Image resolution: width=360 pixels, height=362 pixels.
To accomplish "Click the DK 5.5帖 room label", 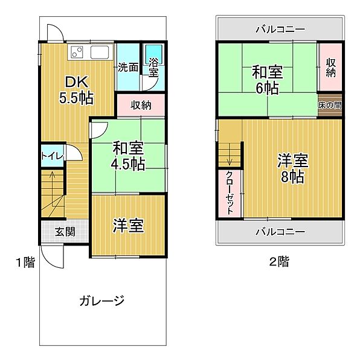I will tap(77, 89).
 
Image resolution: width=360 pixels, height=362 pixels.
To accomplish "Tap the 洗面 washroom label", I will tap(127, 67).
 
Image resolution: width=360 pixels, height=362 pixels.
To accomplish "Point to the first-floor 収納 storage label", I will tap(141, 104).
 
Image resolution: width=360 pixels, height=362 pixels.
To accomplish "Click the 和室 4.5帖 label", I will tap(127, 155).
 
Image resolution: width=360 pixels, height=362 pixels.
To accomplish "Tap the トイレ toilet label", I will tap(52, 156).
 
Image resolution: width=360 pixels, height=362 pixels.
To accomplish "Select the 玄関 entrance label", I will tap(65, 230).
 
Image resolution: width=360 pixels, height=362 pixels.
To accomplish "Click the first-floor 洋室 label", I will tap(128, 226).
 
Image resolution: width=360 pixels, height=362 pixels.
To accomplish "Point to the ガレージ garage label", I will tap(101, 300).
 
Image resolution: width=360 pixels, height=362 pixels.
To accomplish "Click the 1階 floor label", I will tap(25, 262).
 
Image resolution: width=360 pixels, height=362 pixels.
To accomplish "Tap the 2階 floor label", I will tap(279, 262).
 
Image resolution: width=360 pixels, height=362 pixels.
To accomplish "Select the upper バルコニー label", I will tap(279, 28).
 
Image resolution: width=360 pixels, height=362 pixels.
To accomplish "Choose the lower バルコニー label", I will tap(279, 231).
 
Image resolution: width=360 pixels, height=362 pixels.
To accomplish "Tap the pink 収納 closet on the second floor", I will tap(331, 67).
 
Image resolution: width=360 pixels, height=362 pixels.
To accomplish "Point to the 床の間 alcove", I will tap(330, 104).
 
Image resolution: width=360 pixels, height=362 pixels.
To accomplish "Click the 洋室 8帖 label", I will tap(293, 168).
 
